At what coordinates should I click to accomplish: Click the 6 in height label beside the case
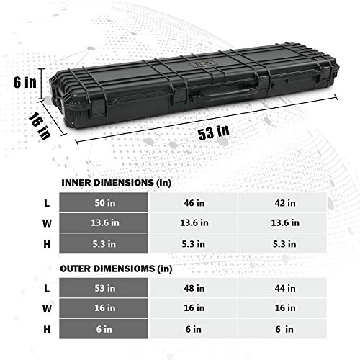pyautogui.click(x=25, y=82)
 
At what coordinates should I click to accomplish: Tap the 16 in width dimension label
pyautogui.click(x=40, y=126)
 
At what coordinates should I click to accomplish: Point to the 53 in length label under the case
pyautogui.click(x=214, y=132)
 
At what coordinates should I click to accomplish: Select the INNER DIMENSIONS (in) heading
pyautogui.click(x=117, y=183)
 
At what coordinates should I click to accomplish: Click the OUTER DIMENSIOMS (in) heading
pyautogui.click(x=116, y=269)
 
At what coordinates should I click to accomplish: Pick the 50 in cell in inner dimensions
pyautogui.click(x=104, y=203)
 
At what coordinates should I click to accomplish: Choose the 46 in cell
pyautogui.click(x=194, y=203)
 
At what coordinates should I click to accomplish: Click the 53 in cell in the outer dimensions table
pyautogui.click(x=104, y=288)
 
